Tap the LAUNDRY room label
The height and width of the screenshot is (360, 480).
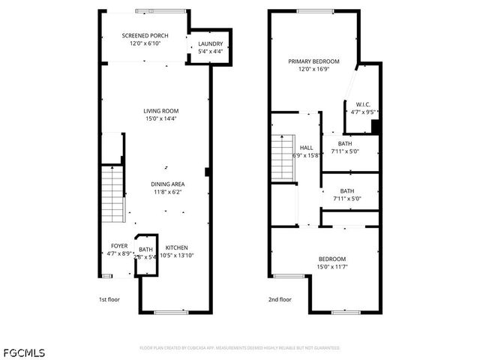[211, 44]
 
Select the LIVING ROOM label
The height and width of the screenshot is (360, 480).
[160, 111]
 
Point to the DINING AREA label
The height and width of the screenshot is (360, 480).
[168, 184]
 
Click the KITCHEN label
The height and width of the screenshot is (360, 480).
[177, 247]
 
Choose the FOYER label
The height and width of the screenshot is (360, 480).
[119, 246]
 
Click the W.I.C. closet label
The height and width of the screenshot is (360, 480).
[363, 104]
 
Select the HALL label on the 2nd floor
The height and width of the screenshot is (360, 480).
[306, 148]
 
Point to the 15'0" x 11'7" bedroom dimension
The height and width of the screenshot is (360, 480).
[331, 266]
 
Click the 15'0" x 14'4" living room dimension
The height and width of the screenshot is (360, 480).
[160, 118]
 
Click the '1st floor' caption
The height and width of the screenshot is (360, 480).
[109, 298]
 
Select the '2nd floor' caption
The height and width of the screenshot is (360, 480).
[279, 298]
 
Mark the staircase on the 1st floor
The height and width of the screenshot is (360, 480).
[112, 193]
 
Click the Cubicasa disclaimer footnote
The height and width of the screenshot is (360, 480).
[239, 348]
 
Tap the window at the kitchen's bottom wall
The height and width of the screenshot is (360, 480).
[169, 310]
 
